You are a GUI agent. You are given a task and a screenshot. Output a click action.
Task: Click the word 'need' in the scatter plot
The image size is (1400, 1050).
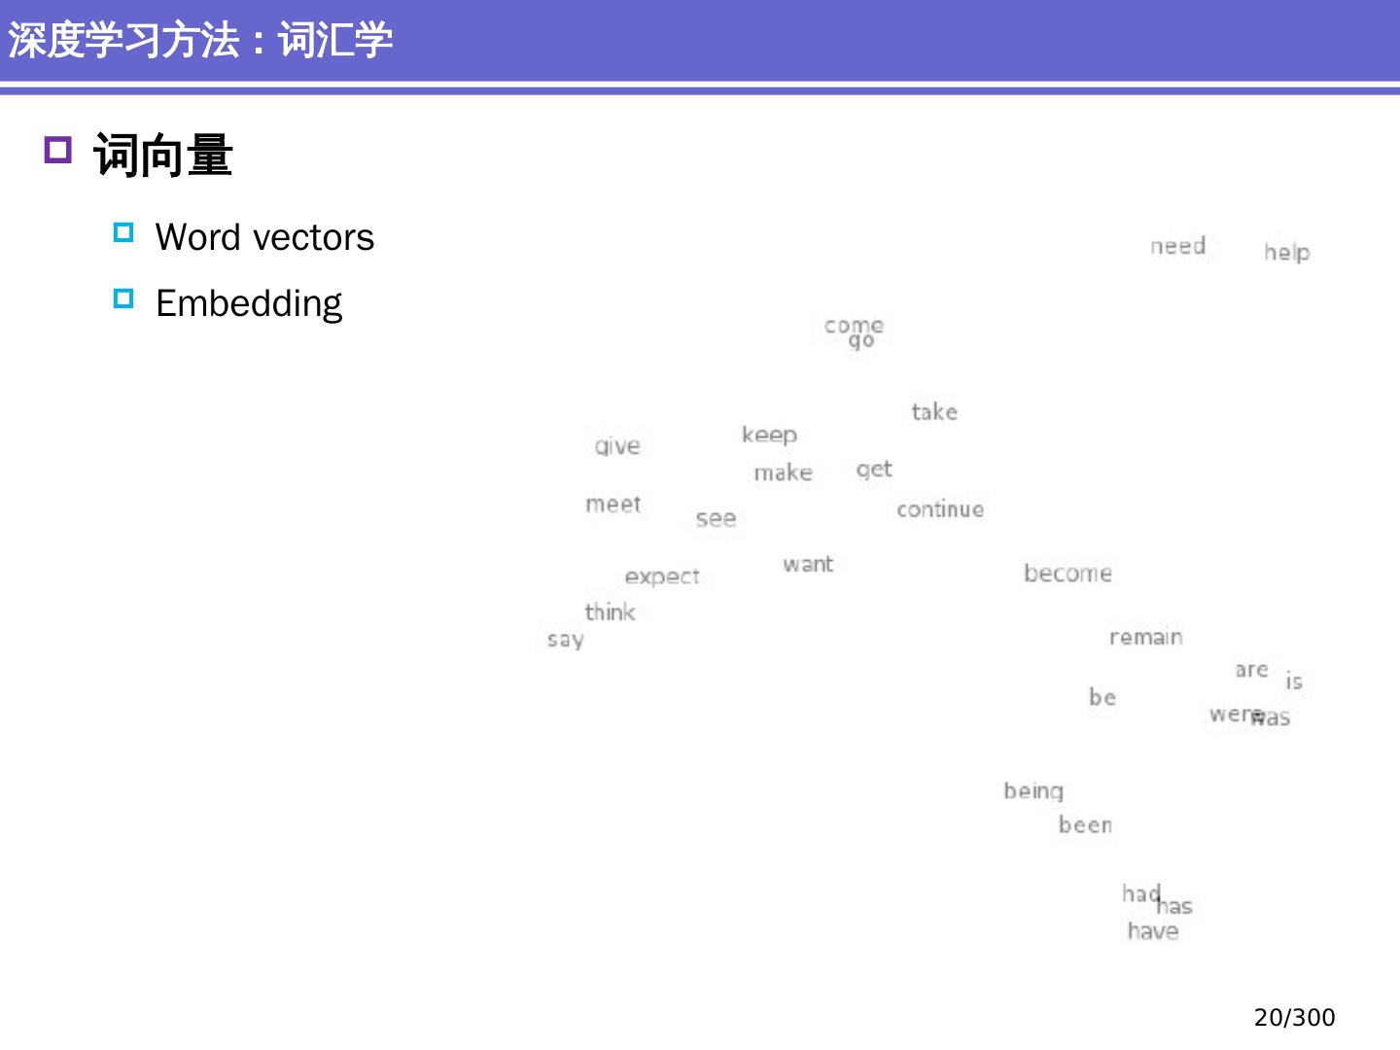[1177, 246]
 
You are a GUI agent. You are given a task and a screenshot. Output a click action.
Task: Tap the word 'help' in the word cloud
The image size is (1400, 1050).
[1286, 252]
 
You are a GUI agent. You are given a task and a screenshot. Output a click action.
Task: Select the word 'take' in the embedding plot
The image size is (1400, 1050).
[934, 412]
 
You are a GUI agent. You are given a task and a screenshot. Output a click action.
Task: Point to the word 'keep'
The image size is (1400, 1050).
[769, 435]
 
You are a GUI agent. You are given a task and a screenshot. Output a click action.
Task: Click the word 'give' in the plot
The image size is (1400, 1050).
[617, 446]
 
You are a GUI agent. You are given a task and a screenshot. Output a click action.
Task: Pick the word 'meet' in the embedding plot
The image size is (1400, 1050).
[612, 504]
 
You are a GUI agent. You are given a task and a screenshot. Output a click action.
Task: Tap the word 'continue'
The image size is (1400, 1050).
[939, 509]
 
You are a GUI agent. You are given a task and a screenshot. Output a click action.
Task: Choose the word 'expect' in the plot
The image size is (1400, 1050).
[662, 577]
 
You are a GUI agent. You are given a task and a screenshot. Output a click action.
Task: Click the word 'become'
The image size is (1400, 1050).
[1067, 573]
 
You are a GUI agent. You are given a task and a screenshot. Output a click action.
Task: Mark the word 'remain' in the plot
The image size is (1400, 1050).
[1145, 637]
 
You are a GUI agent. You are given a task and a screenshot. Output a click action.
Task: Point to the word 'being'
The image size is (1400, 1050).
[1033, 791]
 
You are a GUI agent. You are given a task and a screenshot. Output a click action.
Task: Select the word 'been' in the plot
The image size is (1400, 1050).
[1085, 824]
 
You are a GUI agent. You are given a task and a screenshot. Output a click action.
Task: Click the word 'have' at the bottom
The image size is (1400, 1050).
[1153, 931]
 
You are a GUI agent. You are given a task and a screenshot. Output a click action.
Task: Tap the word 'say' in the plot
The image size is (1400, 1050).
[565, 640]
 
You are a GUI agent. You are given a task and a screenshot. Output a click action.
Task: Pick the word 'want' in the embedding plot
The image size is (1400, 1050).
[808, 564]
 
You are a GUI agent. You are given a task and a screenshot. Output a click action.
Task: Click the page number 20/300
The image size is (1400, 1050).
[1294, 1017]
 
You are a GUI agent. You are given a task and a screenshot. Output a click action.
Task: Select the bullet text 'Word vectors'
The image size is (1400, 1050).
[264, 237]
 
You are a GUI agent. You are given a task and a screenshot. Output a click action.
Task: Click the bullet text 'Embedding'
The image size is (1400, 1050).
[249, 303]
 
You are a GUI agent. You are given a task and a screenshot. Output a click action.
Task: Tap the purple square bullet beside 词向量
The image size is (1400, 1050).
[58, 151]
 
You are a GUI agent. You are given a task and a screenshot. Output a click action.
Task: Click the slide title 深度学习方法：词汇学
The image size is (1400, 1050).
[200, 41]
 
